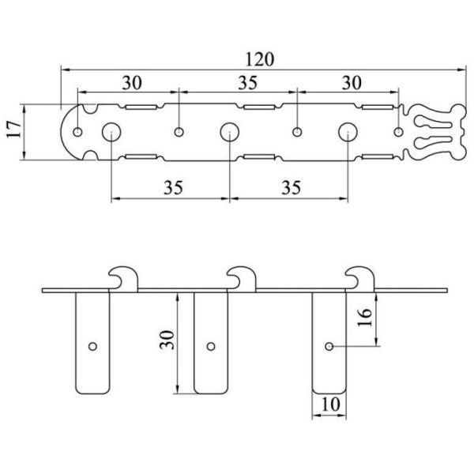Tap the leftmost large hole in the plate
pos(111,132)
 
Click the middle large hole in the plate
pos(229,132)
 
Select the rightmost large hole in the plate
pos(348,132)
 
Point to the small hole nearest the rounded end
pos(79,132)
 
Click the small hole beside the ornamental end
pos(399,132)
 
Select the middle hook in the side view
pos(242,278)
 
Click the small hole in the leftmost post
pos(92,345)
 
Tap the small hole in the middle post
pos(211,345)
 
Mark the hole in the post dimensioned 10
pos(329,345)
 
